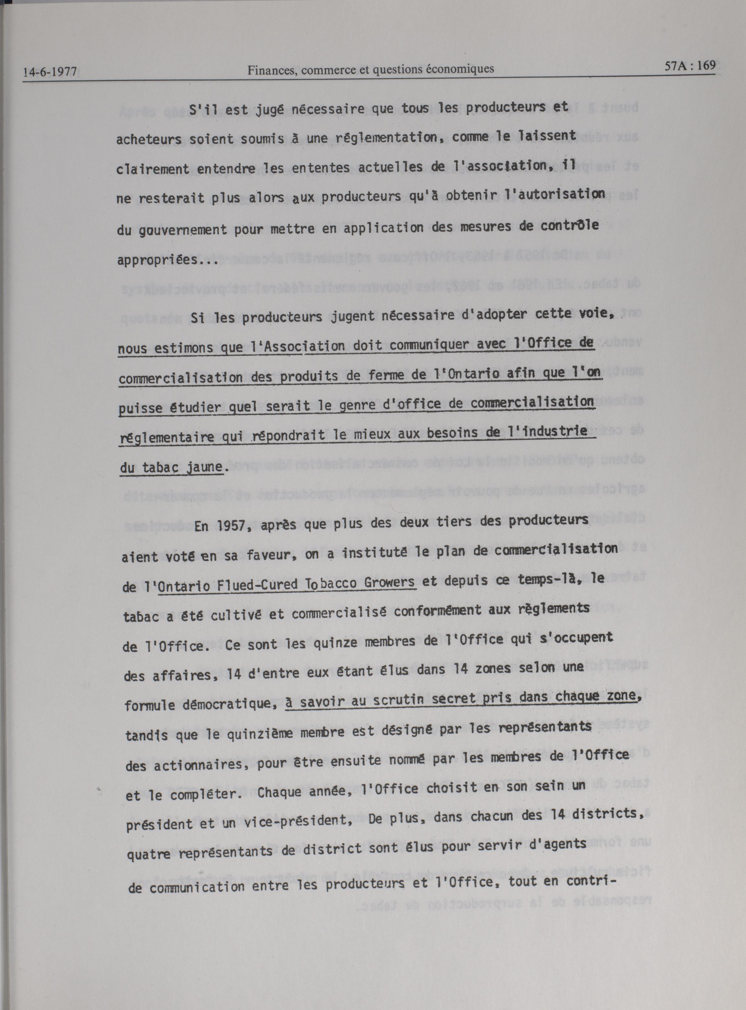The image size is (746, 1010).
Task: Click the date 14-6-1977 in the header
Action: [x=50, y=72]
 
